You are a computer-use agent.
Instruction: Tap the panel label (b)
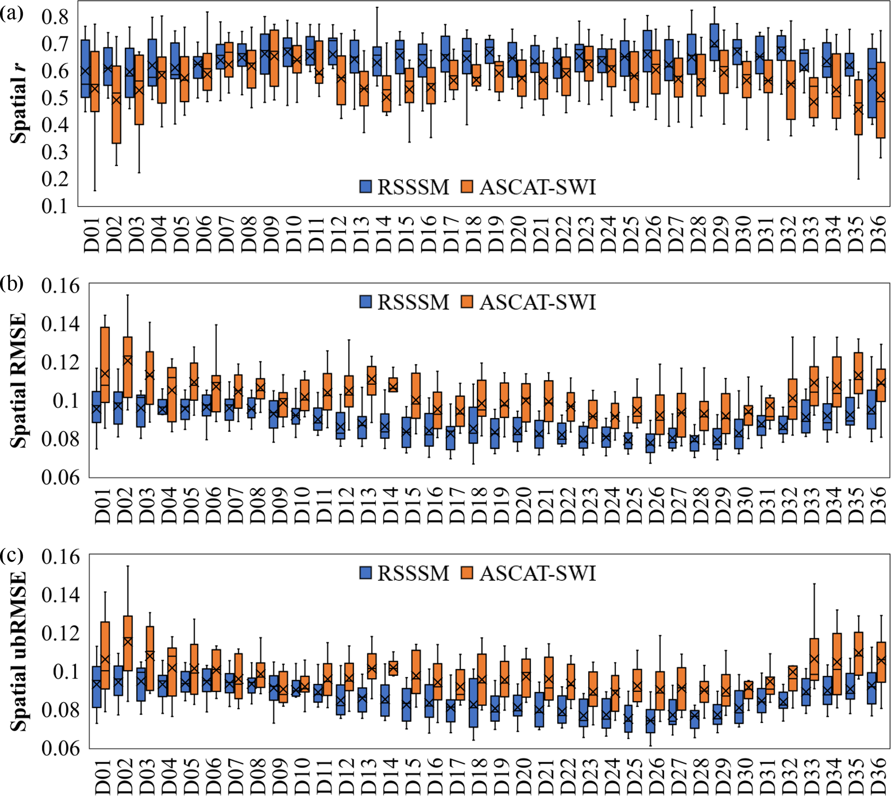(12, 284)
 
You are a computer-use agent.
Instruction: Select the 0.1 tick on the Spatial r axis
(55, 205)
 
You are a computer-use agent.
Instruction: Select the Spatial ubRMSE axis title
(19, 652)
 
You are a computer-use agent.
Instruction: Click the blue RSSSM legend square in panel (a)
(365, 187)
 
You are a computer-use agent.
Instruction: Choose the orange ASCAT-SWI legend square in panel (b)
(467, 302)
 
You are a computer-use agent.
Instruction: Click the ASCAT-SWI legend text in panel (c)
(538, 573)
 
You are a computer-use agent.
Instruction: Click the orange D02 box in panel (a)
(116, 105)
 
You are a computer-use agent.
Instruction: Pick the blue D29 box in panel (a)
(714, 42)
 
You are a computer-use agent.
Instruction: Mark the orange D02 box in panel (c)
(128, 643)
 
